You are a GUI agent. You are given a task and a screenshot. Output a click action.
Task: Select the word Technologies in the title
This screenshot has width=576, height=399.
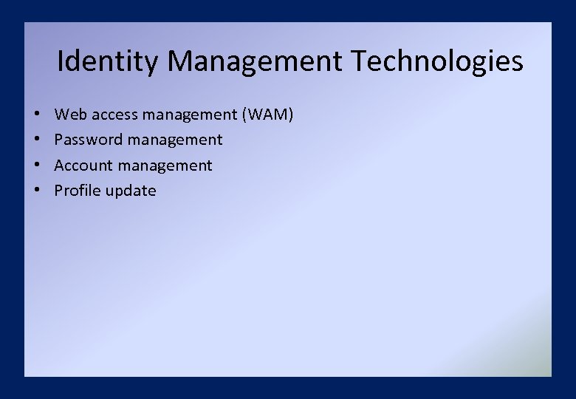coord(438,62)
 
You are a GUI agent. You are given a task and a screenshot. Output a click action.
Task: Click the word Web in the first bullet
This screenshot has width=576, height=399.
coord(69,115)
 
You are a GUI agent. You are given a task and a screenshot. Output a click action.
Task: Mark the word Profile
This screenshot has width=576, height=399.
coord(78,191)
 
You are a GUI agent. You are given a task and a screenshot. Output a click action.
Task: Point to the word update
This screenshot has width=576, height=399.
coord(131,191)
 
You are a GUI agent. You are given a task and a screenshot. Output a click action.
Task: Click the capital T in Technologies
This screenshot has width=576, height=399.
coord(360,61)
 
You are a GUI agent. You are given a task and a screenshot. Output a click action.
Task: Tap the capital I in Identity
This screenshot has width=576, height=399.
coord(61,61)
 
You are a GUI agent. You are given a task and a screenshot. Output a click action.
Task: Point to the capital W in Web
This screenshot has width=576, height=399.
coord(62,115)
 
